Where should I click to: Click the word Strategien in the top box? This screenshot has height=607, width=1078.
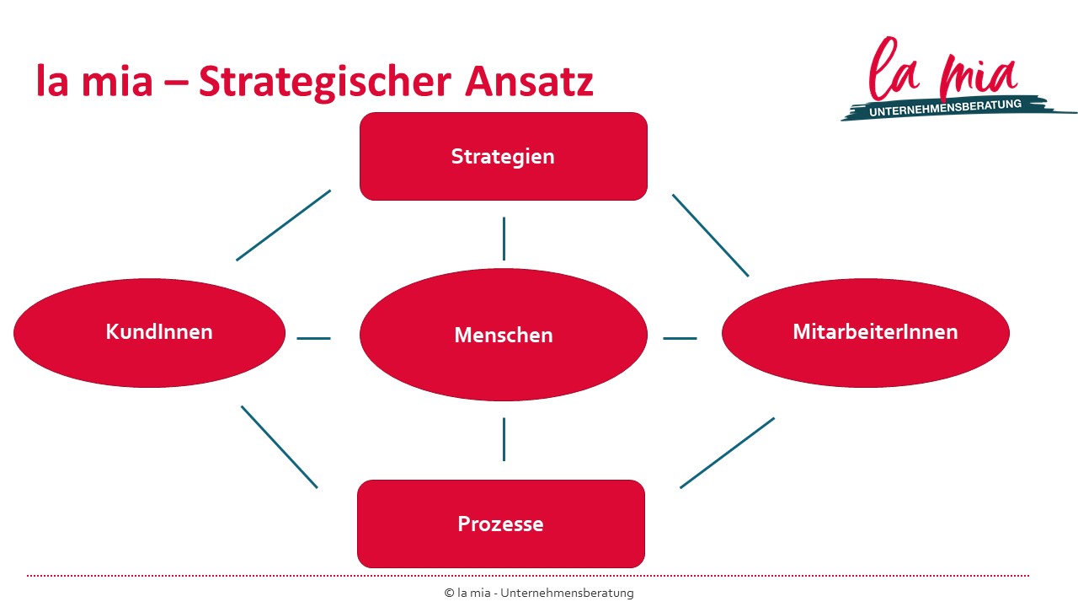503,157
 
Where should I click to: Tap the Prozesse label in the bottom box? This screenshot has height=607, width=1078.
500,524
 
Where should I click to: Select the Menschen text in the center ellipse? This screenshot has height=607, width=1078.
504,335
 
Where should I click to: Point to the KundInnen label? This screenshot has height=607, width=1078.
159,331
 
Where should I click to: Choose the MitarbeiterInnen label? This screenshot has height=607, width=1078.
875,331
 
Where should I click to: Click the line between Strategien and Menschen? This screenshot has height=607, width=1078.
504,239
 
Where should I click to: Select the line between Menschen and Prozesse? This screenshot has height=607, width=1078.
504,439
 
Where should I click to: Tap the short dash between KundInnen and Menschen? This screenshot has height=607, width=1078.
314,338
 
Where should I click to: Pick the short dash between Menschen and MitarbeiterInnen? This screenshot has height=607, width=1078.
680,338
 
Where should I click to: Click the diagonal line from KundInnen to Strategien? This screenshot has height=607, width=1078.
284,225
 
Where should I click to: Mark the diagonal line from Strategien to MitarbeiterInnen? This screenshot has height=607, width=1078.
710,235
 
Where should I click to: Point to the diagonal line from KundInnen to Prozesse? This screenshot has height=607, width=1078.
280,447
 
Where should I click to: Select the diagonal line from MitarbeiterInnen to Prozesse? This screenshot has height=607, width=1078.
727,453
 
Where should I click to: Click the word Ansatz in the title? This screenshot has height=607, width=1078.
529,82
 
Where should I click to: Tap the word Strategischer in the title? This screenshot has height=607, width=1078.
325,83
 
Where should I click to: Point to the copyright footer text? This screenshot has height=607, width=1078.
539,593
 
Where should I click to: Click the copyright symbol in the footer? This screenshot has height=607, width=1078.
449,593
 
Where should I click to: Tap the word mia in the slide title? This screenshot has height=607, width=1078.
117,82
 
